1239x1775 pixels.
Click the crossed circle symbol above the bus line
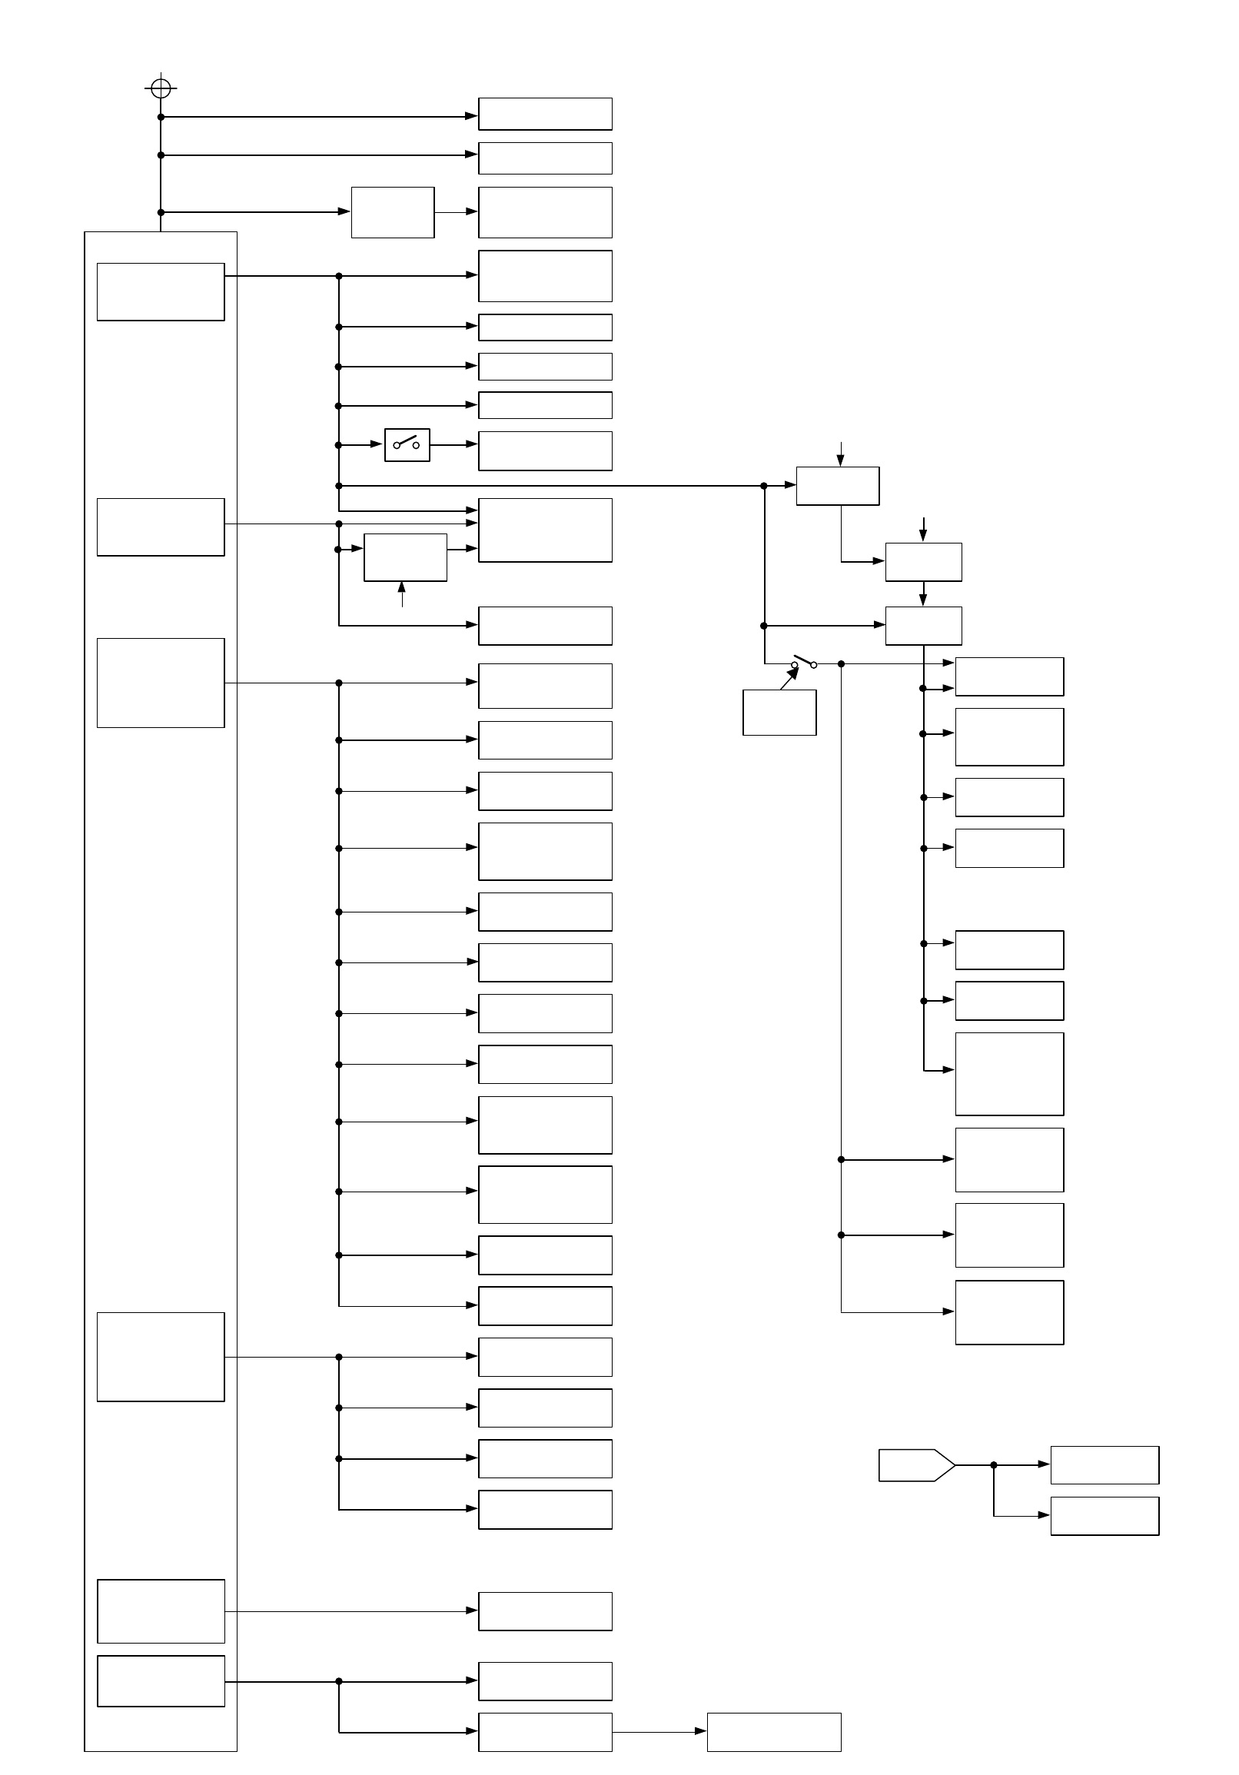pyautogui.click(x=161, y=88)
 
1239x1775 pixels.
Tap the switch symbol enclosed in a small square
pyautogui.click(x=407, y=444)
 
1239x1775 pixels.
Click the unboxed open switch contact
pyautogui.click(x=804, y=663)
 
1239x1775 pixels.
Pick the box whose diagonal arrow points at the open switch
pyautogui.click(x=779, y=712)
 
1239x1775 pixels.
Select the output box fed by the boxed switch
pyautogui.click(x=545, y=450)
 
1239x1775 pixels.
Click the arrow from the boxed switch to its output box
pyautogui.click(x=454, y=444)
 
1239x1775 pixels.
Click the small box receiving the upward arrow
pyautogui.click(x=405, y=557)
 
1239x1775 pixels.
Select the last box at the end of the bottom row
pyautogui.click(x=774, y=1732)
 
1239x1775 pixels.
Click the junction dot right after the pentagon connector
pyautogui.click(x=994, y=1464)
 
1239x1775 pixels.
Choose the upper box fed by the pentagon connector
pyautogui.click(x=1104, y=1464)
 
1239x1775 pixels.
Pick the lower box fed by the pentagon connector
pyautogui.click(x=1104, y=1515)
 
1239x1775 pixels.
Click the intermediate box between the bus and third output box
pyautogui.click(x=393, y=212)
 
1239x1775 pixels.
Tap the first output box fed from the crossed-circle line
pyautogui.click(x=545, y=114)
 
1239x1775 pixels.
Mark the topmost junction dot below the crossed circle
pyautogui.click(x=161, y=117)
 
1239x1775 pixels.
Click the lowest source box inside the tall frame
pyautogui.click(x=161, y=1680)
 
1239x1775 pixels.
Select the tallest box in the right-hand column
pyautogui.click(x=1009, y=1074)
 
